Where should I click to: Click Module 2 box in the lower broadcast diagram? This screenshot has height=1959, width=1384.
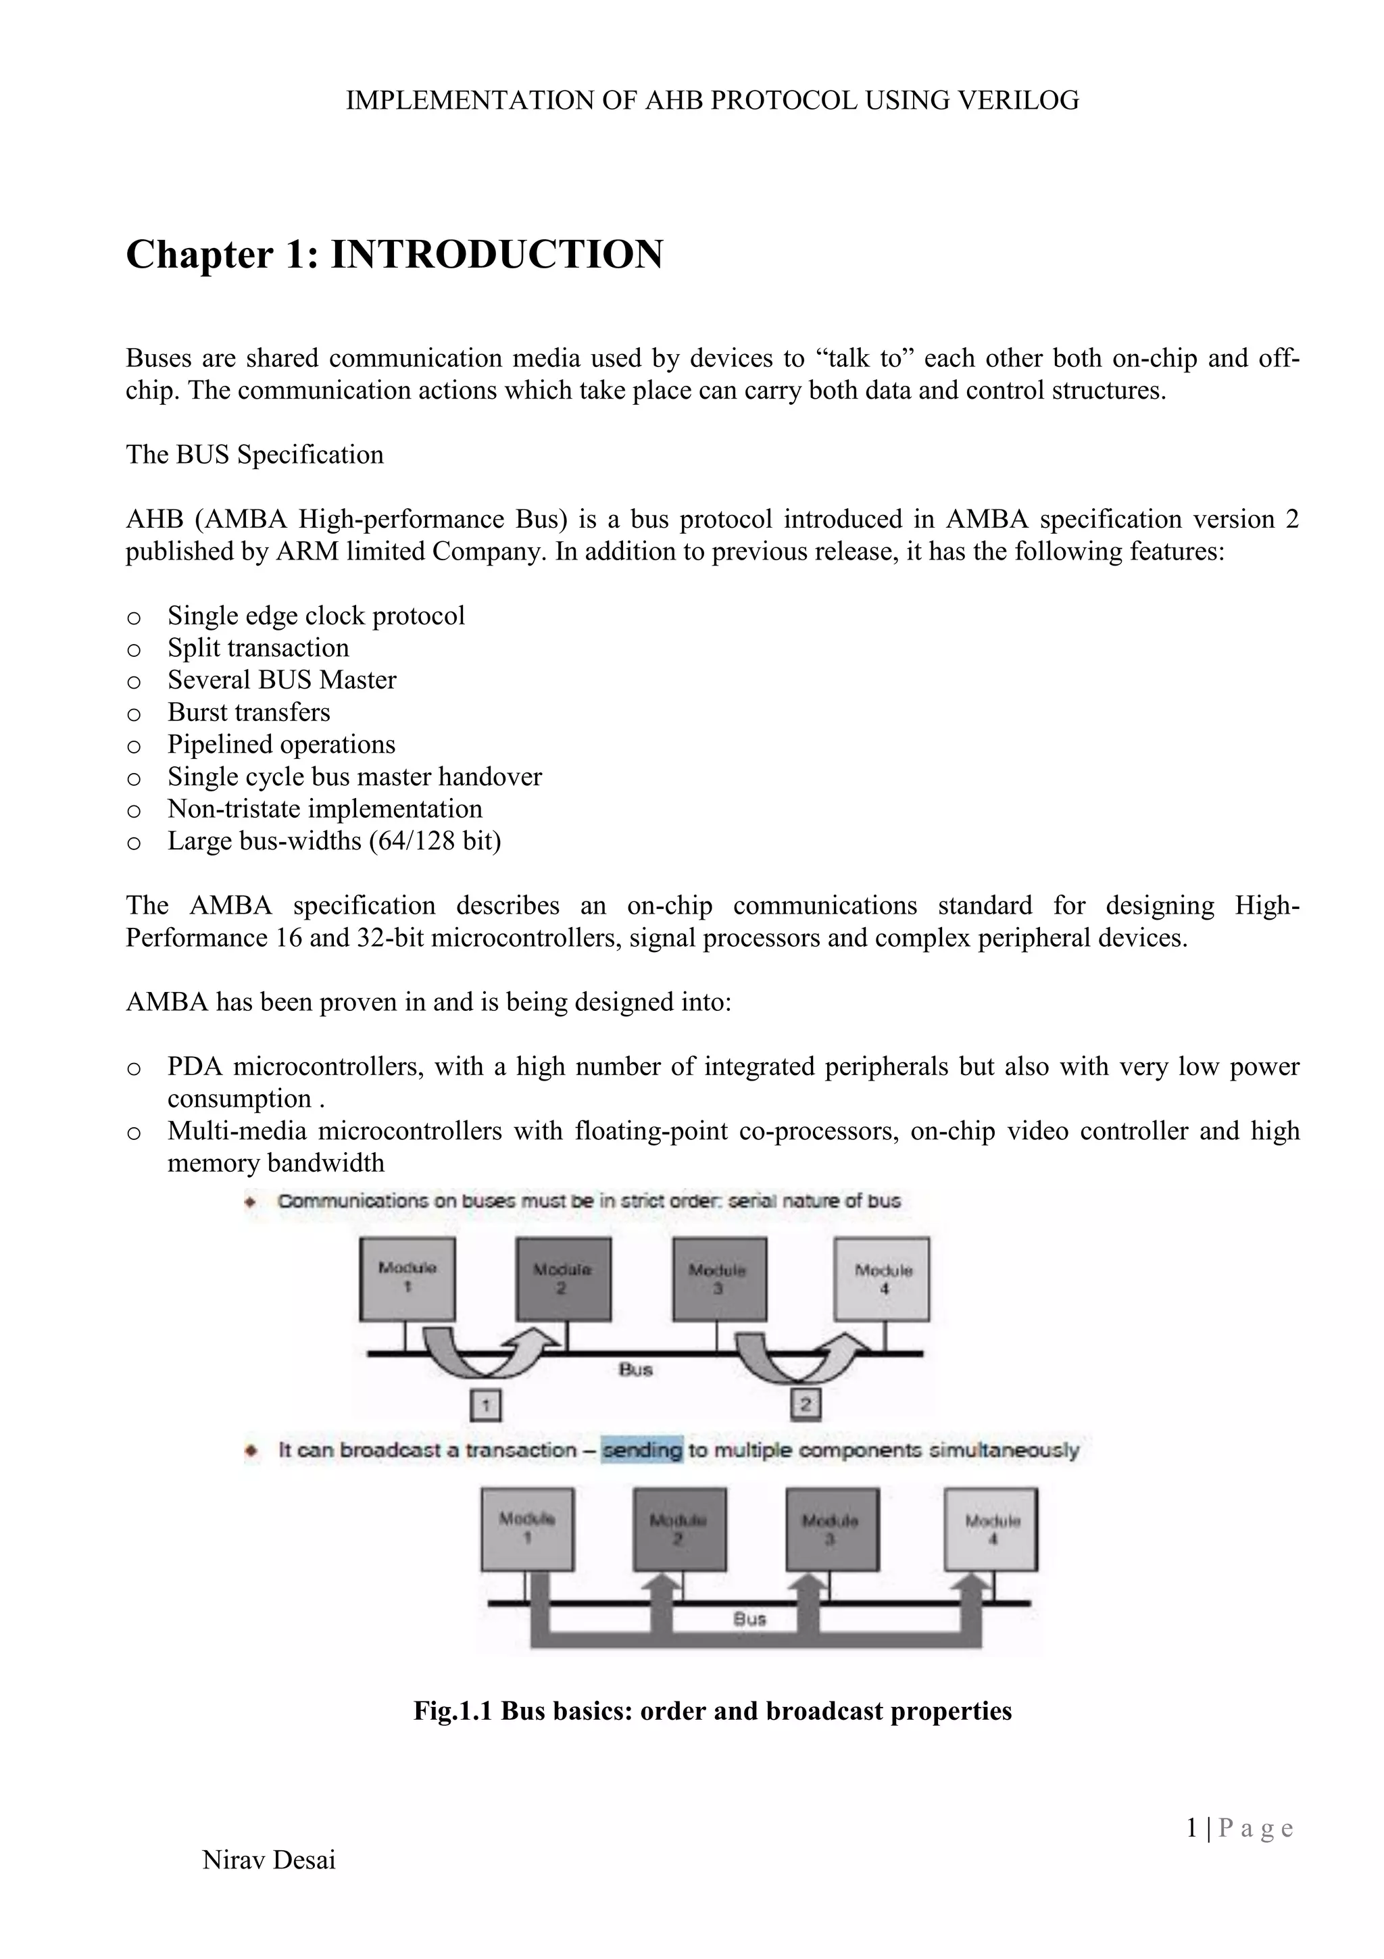click(x=679, y=1529)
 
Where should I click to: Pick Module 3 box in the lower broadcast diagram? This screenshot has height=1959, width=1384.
click(x=831, y=1529)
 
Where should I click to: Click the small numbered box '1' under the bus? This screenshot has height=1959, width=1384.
click(x=485, y=1404)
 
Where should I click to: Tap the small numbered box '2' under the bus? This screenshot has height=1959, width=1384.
click(x=806, y=1404)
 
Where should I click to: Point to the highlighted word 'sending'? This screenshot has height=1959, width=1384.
click(x=642, y=1449)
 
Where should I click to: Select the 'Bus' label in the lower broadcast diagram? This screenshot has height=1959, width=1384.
click(x=750, y=1618)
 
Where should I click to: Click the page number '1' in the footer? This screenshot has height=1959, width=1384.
click(x=1192, y=1828)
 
